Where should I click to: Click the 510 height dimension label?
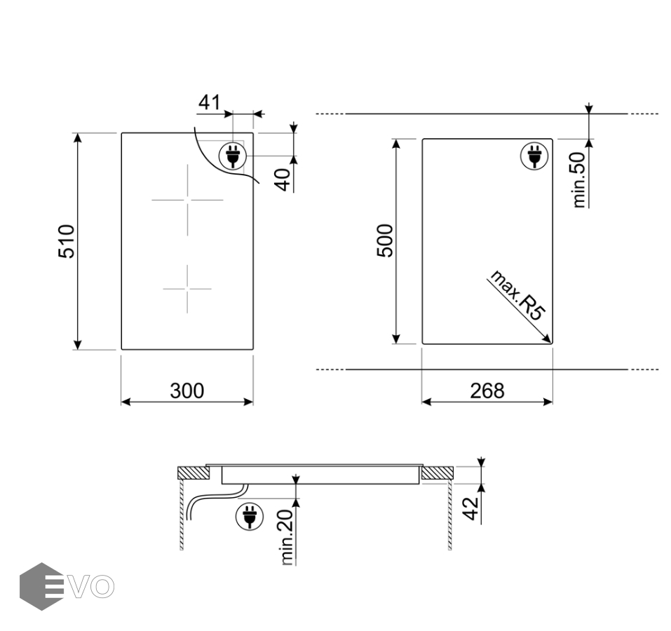[x=67, y=241]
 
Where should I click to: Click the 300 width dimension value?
[x=187, y=391]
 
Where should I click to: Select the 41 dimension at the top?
[x=209, y=102]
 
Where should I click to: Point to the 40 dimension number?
[x=283, y=179]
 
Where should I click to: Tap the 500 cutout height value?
[x=385, y=240]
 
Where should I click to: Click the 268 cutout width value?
[x=487, y=391]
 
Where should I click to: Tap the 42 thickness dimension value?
[x=471, y=508]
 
